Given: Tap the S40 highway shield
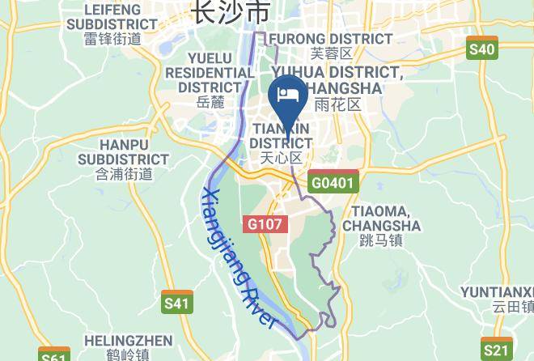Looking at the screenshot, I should pos(482,49).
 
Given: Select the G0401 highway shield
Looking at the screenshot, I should pos(333,183).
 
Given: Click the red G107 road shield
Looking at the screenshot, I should pos(265,223).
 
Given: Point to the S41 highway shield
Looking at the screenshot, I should pos(177,304).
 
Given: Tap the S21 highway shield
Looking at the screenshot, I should pos(495,350).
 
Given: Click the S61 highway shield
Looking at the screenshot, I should pos(53,356).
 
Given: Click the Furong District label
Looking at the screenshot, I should pos(331,38).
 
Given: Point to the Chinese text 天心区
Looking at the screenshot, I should pos(281,157).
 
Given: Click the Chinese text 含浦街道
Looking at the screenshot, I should pos(124,173).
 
